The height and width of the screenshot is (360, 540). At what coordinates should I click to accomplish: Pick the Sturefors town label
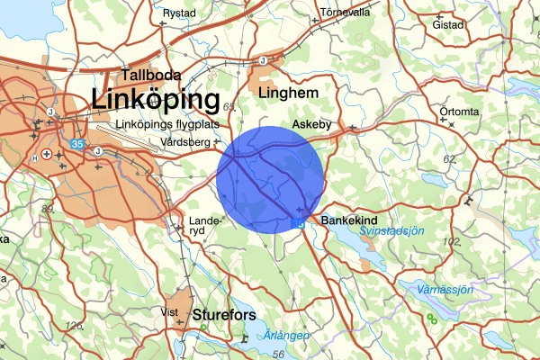(224, 315)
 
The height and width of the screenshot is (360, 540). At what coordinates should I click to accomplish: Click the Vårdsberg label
(181, 142)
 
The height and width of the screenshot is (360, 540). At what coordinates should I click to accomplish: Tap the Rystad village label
(179, 13)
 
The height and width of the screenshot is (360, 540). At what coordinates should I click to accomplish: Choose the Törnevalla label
(346, 13)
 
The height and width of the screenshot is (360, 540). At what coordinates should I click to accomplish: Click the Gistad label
(447, 25)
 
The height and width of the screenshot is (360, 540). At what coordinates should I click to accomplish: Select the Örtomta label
(459, 112)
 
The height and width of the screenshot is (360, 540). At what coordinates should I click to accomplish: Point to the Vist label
(169, 311)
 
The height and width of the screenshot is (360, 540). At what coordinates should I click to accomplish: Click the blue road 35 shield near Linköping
(78, 143)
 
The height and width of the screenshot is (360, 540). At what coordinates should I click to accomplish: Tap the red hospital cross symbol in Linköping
(47, 155)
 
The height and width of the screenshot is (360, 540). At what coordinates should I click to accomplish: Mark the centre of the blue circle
(269, 178)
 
